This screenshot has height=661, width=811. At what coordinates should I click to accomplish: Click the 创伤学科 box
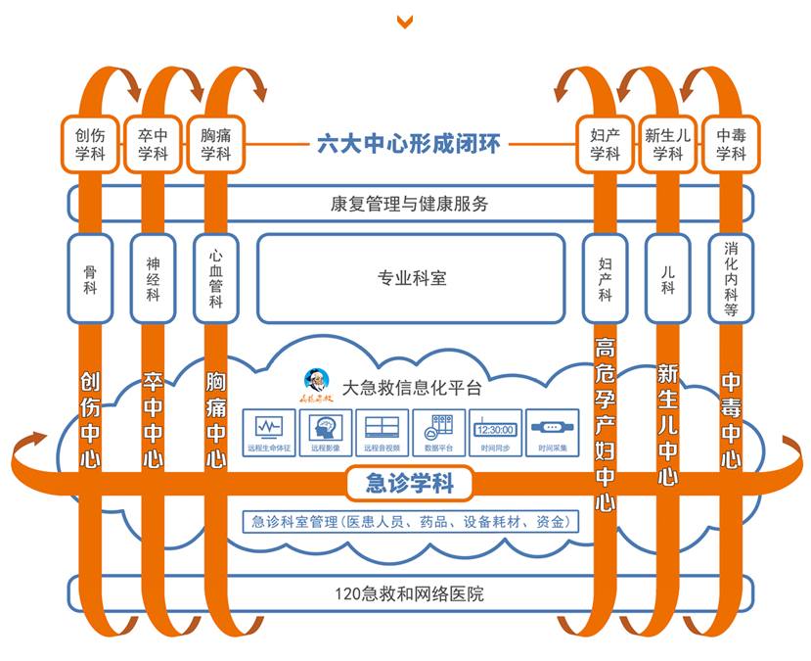[90, 144]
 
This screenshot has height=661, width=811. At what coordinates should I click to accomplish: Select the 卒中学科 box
[152, 144]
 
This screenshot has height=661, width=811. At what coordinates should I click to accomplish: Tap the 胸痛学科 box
[214, 144]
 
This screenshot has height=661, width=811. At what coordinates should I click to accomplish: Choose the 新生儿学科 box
[667, 144]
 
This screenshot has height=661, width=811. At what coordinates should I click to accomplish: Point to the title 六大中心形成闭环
[408, 145]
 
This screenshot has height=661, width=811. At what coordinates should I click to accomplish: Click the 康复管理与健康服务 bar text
[409, 204]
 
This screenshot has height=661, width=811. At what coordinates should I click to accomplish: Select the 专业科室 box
[411, 278]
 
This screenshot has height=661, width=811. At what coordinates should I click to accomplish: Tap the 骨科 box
[90, 278]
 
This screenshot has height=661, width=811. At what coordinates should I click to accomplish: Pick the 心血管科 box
[214, 278]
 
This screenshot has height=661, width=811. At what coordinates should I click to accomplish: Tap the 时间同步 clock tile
[494, 432]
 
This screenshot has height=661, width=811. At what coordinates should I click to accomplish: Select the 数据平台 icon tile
[439, 432]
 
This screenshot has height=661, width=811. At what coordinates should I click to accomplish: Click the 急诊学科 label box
[409, 483]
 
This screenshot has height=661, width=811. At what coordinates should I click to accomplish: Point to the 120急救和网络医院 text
[409, 593]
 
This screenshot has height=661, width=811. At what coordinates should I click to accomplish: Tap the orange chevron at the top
[405, 22]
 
